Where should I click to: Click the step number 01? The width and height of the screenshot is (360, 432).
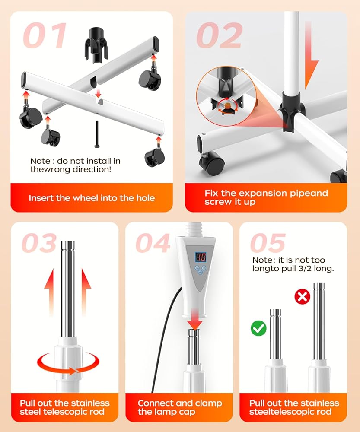pos(45,35)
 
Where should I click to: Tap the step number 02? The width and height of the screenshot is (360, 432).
pos(220,35)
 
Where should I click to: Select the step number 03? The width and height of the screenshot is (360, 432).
pos(39,243)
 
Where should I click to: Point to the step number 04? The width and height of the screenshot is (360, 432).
pos(153,243)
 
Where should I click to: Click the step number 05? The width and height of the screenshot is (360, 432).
pos(268,243)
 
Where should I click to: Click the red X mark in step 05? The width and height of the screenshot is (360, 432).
pos(303,297)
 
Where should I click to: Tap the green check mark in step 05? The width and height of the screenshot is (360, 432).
pos(258,328)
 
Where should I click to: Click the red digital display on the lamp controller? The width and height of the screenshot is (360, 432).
pos(201,257)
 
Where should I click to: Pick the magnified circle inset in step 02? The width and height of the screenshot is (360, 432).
pos(226,96)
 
